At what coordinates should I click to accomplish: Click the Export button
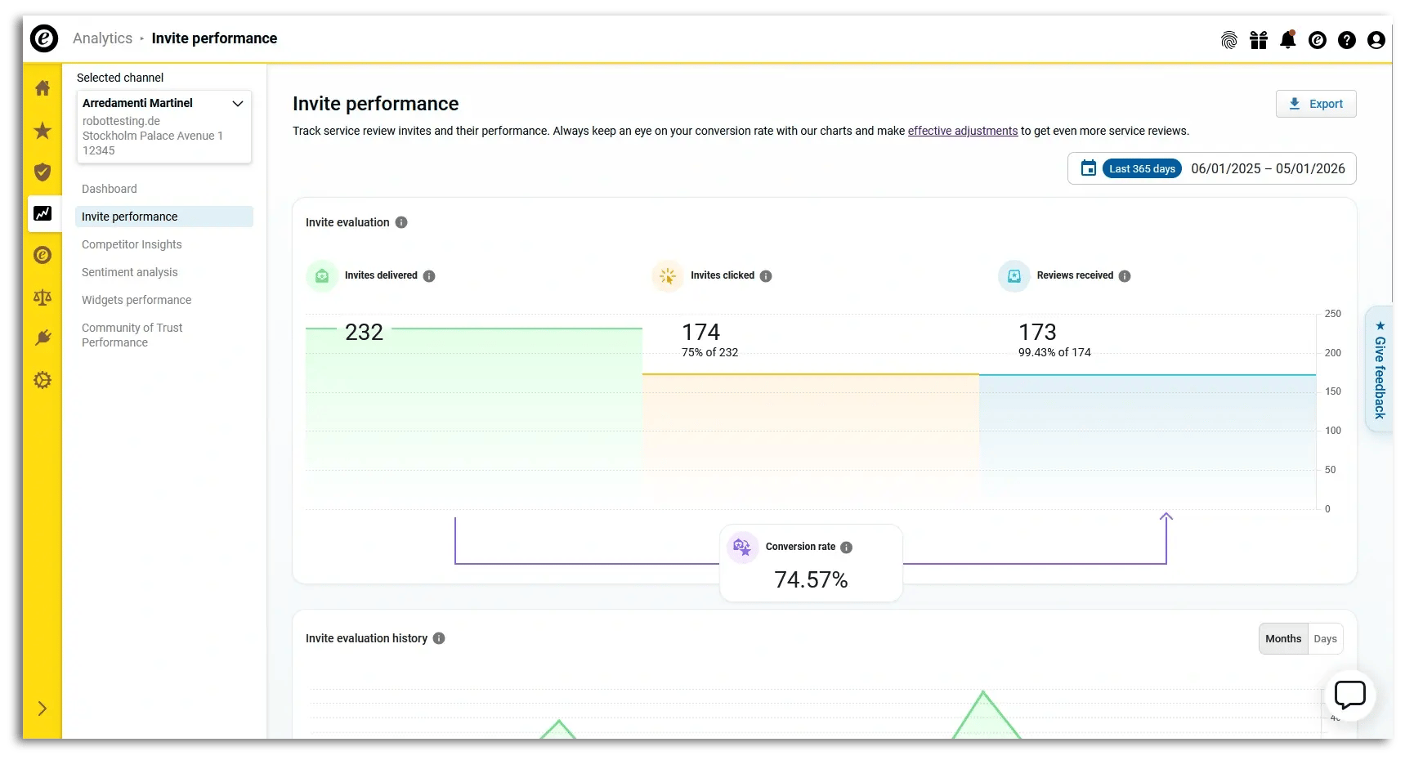click(x=1316, y=104)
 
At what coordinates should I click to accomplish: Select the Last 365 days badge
click(x=1142, y=169)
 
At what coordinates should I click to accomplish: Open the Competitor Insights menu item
click(x=132, y=244)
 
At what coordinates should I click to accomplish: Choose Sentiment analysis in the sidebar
click(x=129, y=272)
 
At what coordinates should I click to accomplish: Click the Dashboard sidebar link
click(x=110, y=189)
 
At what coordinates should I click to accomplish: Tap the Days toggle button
click(x=1325, y=639)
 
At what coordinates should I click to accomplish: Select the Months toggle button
click(x=1283, y=639)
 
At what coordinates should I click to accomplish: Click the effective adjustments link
click(x=962, y=131)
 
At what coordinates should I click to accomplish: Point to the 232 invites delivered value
click(x=364, y=332)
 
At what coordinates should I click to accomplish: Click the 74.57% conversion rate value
click(x=811, y=579)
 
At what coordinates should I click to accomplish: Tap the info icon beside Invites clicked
click(x=766, y=276)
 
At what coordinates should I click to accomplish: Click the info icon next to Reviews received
click(x=1125, y=276)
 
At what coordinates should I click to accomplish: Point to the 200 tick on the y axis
click(x=1333, y=353)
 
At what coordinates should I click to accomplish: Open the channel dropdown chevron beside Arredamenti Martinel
click(x=238, y=104)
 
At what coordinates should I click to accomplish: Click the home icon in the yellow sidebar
click(x=43, y=88)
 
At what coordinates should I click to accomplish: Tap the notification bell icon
click(x=1288, y=39)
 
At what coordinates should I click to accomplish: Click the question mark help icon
click(x=1347, y=40)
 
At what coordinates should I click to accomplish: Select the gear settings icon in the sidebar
click(x=43, y=380)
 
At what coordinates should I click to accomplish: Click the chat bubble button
click(x=1349, y=695)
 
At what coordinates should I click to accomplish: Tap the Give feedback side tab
click(x=1380, y=369)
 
